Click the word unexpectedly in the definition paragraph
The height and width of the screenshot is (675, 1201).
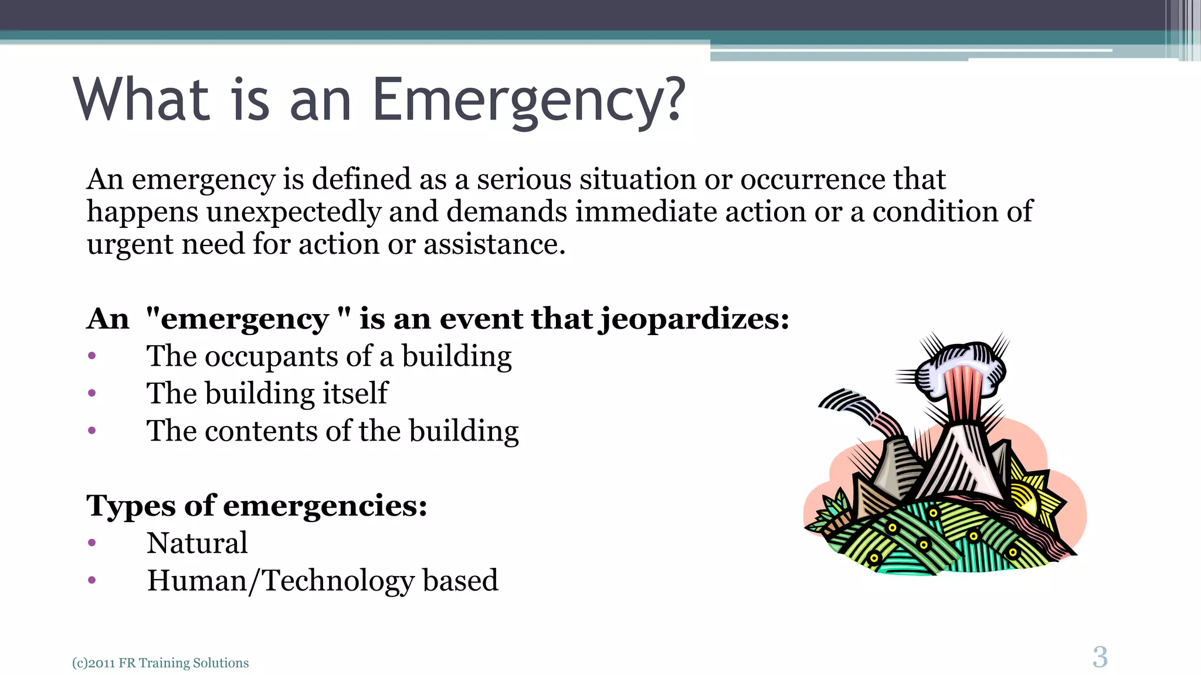tap(293, 212)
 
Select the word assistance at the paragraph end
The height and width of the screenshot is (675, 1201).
tap(494, 244)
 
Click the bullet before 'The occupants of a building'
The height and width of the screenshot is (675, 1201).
tap(91, 356)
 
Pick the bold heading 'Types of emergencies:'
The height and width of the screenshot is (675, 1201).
tap(256, 506)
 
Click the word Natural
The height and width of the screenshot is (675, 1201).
tap(197, 543)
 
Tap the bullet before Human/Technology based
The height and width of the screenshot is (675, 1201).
tap(91, 581)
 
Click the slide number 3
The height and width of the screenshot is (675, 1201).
tap(1100, 657)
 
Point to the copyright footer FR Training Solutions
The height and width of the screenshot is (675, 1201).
tap(183, 663)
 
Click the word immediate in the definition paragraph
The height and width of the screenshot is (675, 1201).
tap(645, 212)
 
